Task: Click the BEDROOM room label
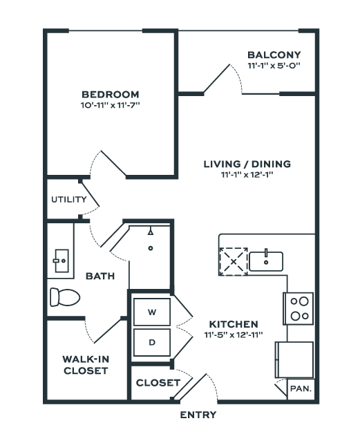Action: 110,95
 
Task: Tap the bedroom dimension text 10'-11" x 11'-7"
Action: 110,105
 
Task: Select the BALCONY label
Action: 274,55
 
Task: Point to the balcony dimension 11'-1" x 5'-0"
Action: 274,66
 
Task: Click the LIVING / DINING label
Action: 247,164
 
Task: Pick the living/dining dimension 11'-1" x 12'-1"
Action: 247,175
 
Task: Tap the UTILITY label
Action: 69,199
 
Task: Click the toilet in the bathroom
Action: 65,297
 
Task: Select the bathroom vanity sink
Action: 61,261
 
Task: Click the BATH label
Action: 100,276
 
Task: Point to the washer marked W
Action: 152,312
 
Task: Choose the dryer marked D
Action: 152,342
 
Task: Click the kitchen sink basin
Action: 266,261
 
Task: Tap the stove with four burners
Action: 299,308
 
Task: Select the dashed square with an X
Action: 234,261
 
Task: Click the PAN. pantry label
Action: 301,388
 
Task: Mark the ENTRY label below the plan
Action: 198,415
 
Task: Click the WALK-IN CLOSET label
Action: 86,365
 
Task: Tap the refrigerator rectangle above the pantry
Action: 294,360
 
